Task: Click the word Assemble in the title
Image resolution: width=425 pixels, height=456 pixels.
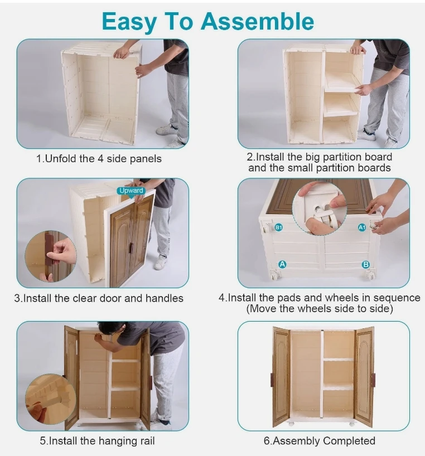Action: (x=258, y=22)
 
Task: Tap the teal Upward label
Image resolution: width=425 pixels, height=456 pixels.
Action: (x=131, y=191)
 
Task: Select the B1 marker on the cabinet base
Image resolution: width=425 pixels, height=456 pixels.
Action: (x=279, y=227)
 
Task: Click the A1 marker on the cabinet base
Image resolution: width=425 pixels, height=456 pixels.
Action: (x=362, y=227)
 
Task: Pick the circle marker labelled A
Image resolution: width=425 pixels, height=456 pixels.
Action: (x=282, y=264)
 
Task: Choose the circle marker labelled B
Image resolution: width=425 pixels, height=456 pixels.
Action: (x=366, y=264)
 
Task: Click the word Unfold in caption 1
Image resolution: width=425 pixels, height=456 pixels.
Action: (x=61, y=159)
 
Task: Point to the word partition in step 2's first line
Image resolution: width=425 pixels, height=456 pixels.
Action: (x=341, y=157)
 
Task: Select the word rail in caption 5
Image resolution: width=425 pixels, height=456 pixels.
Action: (x=147, y=441)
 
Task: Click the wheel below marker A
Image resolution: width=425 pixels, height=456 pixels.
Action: (x=274, y=274)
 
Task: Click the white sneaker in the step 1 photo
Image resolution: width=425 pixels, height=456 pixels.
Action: (x=167, y=129)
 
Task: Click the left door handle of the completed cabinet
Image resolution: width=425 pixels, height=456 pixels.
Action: (x=272, y=380)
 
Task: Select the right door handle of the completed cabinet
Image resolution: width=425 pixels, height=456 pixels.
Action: (x=373, y=380)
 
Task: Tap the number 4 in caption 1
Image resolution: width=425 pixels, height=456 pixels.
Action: (x=100, y=159)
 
